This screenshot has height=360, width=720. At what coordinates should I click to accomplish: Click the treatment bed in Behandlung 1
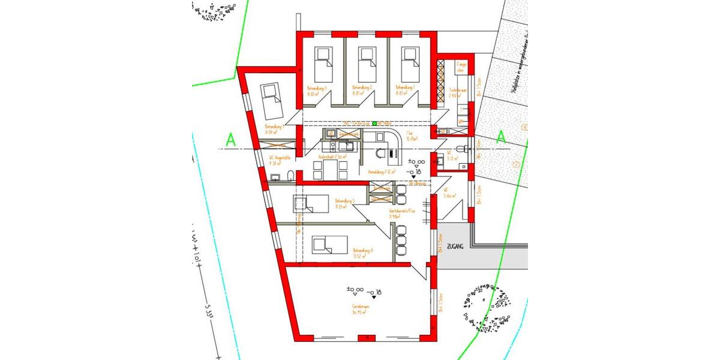[410, 61]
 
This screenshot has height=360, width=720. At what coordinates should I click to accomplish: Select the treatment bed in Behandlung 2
[367, 61]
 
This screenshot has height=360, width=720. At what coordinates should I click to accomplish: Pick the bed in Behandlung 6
[329, 244]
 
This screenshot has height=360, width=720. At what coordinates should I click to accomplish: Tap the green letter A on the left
[229, 139]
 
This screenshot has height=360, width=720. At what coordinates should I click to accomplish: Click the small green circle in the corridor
[375, 124]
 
